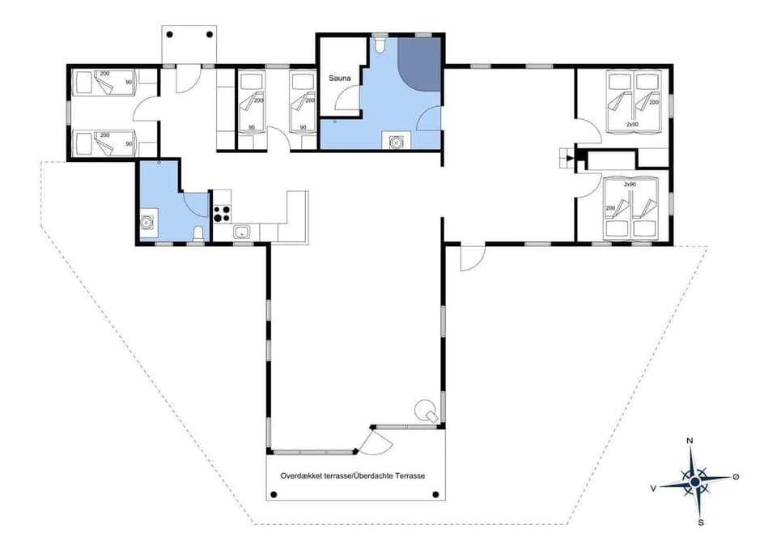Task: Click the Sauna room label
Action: tap(338, 79)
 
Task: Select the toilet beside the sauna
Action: tap(380, 45)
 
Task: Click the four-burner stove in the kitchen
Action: tap(221, 213)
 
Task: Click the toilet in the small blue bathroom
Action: tap(198, 235)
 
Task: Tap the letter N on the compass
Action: tap(690, 441)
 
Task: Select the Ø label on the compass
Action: tap(735, 477)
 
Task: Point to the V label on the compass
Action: tap(652, 488)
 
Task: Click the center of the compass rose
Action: tap(694, 482)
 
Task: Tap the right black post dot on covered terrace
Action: tap(436, 493)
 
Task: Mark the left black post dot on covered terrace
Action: tap(274, 493)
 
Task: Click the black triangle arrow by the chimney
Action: tap(570, 157)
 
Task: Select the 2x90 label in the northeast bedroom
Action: tap(632, 125)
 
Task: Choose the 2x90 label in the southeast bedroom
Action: tap(630, 185)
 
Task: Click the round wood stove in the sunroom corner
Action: tap(424, 410)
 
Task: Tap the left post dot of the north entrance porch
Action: tap(170, 35)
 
